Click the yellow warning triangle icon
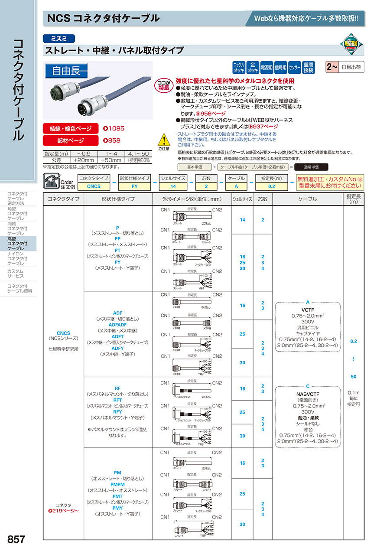click(164, 140)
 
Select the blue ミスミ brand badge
click(59, 38)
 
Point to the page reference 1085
click(114, 129)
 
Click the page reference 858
click(112, 140)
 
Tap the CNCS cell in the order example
click(94, 186)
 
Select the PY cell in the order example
click(134, 186)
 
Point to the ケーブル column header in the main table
click(308, 199)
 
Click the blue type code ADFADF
click(117, 324)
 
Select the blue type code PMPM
click(117, 484)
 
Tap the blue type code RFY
click(117, 412)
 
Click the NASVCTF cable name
click(308, 394)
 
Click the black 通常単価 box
click(311, 167)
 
